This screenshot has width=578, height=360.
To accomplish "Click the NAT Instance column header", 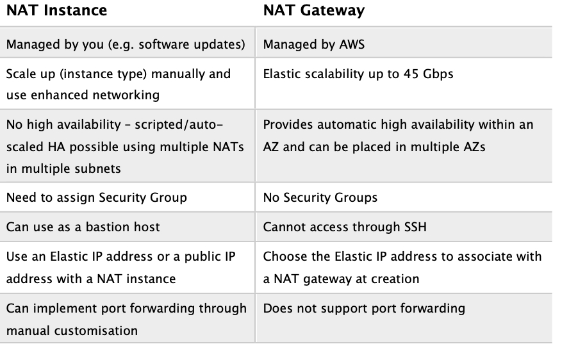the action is point(57,10).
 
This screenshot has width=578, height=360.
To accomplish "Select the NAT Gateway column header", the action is point(314,11).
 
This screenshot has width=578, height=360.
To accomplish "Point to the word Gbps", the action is point(438,74).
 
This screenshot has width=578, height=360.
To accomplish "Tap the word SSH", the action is point(415,227).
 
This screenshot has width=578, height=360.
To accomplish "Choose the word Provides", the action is point(288,124).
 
